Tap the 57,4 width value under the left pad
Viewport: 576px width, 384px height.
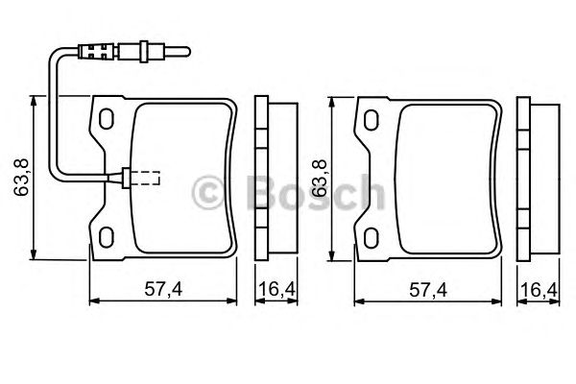coord(163,289)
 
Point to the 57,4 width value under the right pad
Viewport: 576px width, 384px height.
coord(428,289)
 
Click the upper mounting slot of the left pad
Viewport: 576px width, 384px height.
coord(107,119)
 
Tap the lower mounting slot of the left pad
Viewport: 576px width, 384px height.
coord(107,235)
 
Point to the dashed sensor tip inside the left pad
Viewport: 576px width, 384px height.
coord(146,178)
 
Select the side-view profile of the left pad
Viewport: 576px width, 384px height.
coord(268,178)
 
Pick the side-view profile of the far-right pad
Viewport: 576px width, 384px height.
coord(534,178)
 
